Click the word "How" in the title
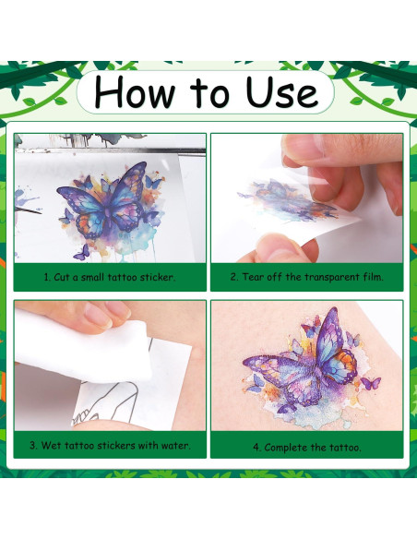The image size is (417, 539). tap(135, 92)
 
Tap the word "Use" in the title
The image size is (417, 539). tap(281, 91)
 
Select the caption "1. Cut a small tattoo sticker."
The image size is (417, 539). tap(110, 277)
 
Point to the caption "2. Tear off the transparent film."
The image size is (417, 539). tap(306, 277)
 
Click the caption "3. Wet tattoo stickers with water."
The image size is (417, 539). tap(110, 446)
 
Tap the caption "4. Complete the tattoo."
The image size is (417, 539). tap(307, 448)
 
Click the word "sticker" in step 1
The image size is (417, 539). tap(158, 277)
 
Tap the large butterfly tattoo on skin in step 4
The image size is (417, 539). tap(303, 357)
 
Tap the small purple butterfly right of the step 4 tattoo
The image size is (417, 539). tap(371, 383)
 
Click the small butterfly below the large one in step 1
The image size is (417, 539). tap(82, 253)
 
